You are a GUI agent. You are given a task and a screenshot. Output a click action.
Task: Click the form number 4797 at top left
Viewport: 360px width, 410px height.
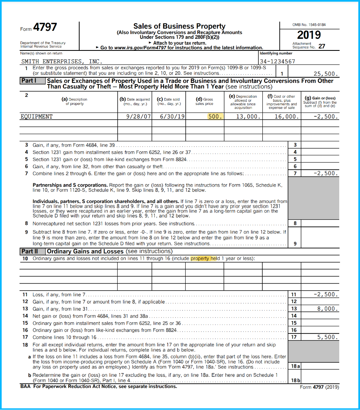(x=44, y=28)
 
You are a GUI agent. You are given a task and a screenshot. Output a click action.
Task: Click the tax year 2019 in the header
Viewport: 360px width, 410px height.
(x=309, y=35)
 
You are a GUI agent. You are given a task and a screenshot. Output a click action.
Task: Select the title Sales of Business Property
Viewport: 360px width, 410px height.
(x=179, y=26)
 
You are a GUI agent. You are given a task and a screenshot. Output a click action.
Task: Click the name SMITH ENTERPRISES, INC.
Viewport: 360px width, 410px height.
(x=61, y=61)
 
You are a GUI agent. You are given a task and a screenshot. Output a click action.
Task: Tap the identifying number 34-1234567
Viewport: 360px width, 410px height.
(x=277, y=61)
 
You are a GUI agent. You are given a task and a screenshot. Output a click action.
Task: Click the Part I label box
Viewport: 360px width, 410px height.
(x=29, y=81)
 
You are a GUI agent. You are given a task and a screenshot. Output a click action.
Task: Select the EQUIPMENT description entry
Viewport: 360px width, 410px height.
(x=36, y=117)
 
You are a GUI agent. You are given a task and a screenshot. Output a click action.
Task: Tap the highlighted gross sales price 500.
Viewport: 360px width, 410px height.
(x=215, y=117)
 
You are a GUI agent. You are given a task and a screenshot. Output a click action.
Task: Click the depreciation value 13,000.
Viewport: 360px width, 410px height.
(x=249, y=117)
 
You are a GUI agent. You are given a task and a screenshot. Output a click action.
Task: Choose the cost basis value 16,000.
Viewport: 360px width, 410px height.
(x=286, y=117)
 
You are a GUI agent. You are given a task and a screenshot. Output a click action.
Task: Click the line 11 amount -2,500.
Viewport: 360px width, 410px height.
(x=326, y=295)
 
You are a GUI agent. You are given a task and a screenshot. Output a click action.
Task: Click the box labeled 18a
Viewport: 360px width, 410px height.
(x=295, y=366)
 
